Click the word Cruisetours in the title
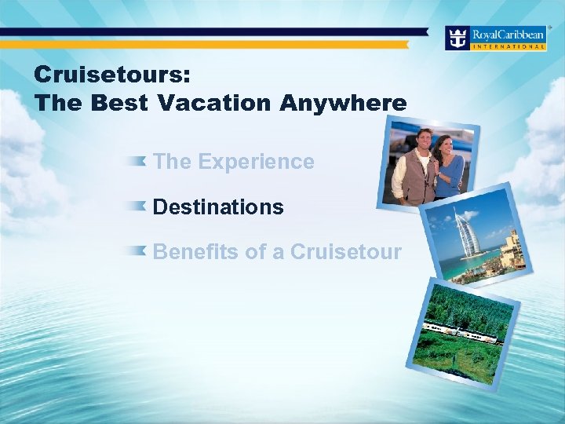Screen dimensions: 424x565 tap(110, 75)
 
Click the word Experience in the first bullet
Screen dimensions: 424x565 tap(256, 162)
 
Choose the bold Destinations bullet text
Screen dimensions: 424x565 tap(218, 207)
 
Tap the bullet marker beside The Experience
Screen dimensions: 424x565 tap(138, 161)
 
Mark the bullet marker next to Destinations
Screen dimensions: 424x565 tap(138, 206)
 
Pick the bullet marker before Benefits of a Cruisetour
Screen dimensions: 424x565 tap(138, 250)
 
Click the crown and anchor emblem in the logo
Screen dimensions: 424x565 tap(457, 36)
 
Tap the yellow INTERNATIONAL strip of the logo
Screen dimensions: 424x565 tap(508, 46)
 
